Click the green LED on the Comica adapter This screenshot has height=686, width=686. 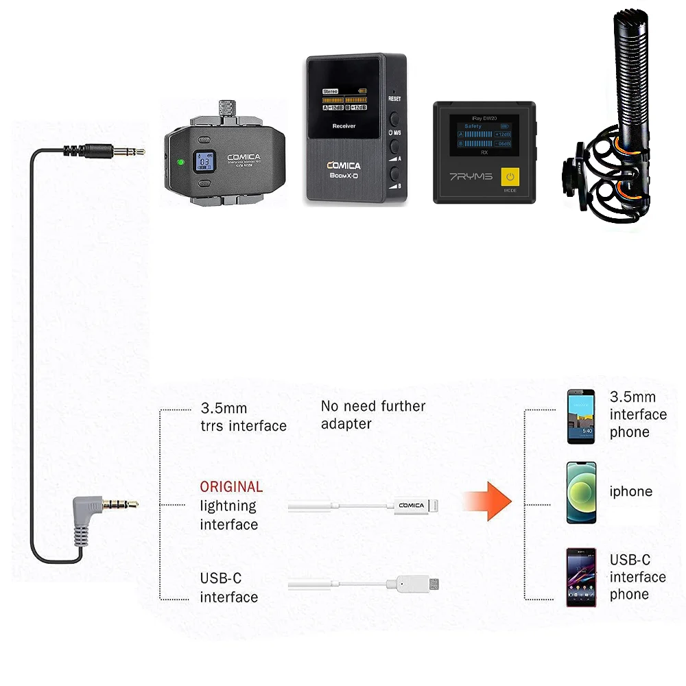click(178, 163)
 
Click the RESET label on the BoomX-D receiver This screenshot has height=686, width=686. click(394, 99)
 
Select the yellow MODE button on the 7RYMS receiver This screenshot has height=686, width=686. click(509, 180)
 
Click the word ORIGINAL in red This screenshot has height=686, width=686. click(231, 487)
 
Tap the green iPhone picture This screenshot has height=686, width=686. click(581, 493)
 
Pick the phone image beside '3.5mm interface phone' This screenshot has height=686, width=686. click(580, 416)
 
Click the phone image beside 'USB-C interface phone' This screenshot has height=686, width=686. click(580, 577)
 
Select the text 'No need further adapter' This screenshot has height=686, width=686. click(373, 415)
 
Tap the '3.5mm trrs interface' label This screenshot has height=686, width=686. click(243, 417)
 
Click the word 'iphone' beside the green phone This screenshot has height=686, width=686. click(630, 492)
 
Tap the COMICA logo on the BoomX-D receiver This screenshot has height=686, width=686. click(353, 165)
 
